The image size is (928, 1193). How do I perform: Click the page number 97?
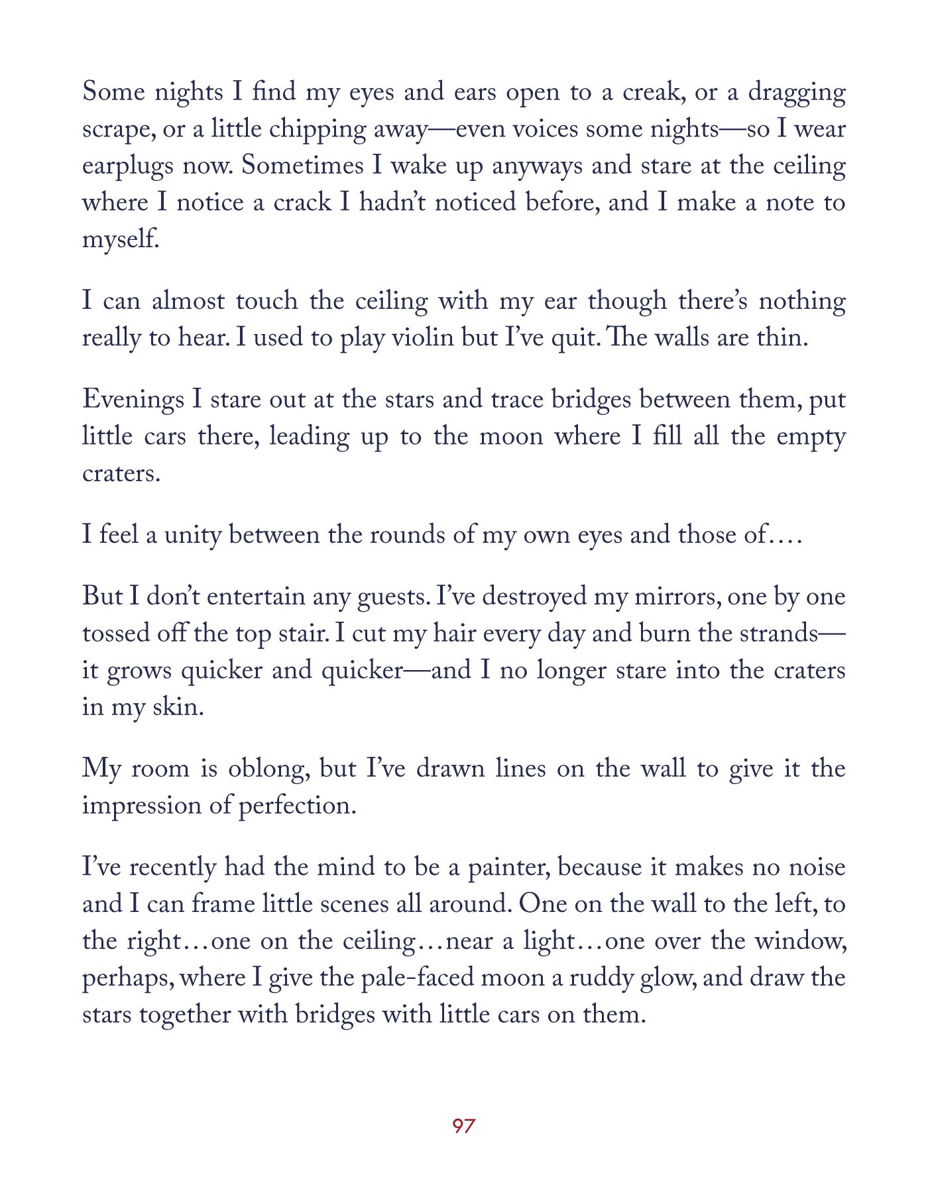[x=463, y=1125]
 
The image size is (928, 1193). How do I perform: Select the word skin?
[x=178, y=707]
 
